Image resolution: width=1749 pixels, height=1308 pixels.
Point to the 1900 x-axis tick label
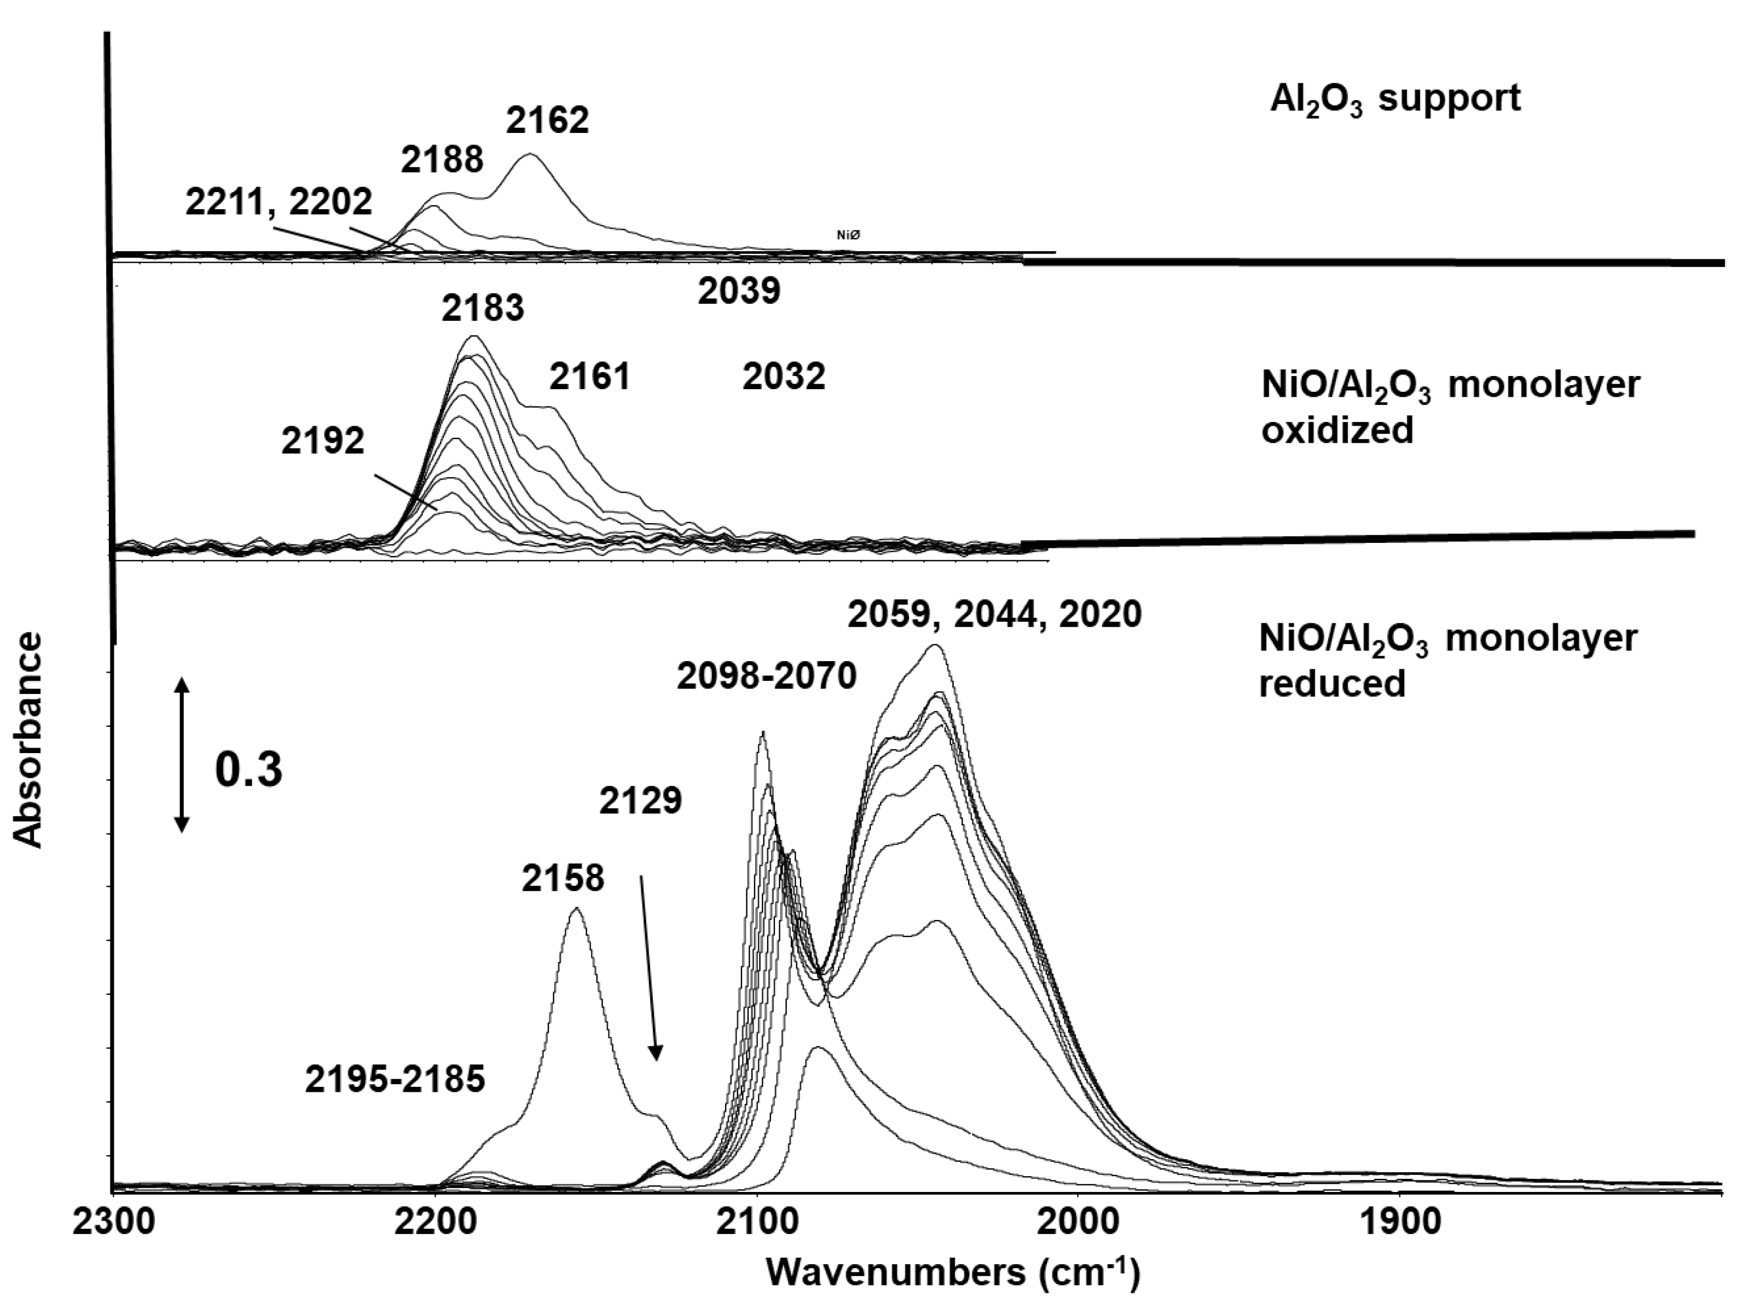tap(1399, 1222)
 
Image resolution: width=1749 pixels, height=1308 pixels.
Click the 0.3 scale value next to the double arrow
tap(248, 769)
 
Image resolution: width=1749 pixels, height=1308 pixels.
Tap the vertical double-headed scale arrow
tap(182, 755)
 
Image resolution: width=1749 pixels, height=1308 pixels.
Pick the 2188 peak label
tap(442, 160)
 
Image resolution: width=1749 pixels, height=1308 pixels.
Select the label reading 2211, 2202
tap(279, 202)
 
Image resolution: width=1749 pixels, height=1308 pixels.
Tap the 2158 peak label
tap(563, 878)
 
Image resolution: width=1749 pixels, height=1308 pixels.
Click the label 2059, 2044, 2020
tap(995, 615)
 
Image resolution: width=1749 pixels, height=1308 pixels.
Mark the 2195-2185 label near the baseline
tap(395, 1079)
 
